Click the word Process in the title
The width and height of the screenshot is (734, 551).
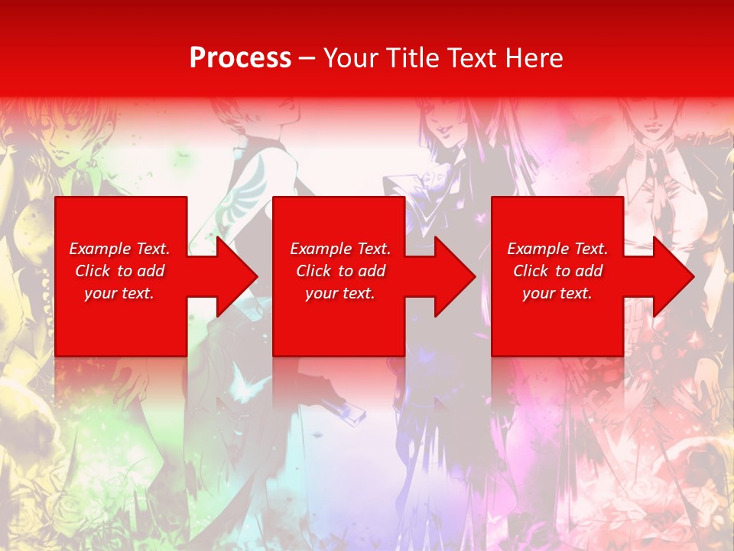[x=240, y=58]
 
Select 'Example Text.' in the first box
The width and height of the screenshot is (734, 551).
[x=119, y=249]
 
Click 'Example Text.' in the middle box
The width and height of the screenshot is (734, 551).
[x=339, y=249]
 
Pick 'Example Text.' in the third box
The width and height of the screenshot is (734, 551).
[x=557, y=249]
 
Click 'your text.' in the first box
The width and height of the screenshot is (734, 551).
[x=119, y=293]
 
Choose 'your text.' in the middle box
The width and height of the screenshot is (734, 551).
[x=339, y=293]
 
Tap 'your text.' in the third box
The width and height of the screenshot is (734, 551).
[x=557, y=293]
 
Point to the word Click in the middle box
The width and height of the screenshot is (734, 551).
[x=313, y=271]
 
